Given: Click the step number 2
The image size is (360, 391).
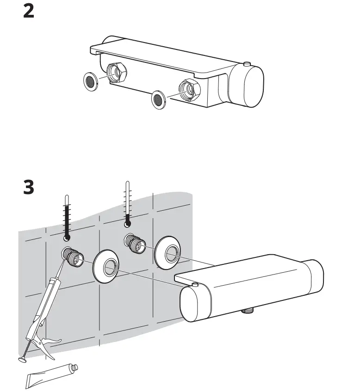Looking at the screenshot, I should click(29, 11).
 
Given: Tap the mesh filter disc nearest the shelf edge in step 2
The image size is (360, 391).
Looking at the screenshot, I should click(92, 82).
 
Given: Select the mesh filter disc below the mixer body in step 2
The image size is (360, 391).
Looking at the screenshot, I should click(159, 99).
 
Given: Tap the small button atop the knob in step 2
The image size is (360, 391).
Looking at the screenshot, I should click(248, 63).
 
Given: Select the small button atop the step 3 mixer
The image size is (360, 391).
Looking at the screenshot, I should click(195, 284).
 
